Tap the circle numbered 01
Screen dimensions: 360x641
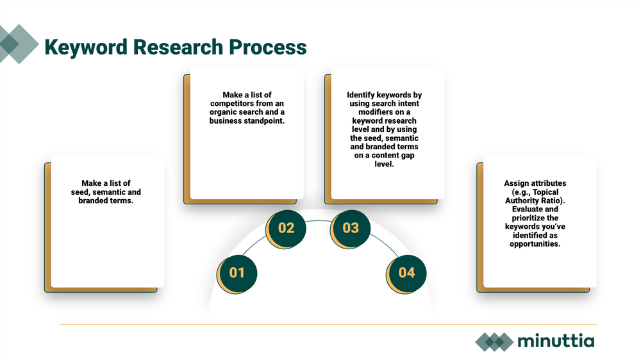tap(237, 272)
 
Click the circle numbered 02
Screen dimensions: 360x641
tap(287, 227)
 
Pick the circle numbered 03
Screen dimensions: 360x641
tap(351, 227)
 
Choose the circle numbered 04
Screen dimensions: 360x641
tap(407, 272)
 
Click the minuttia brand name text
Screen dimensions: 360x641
tap(556, 341)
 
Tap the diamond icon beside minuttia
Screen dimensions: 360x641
tap(494, 341)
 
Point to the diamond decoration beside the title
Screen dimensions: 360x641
tap(19, 44)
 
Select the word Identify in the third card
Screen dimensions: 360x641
tap(361, 95)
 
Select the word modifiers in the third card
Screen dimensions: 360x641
tap(368, 112)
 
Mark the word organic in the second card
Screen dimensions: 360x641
tap(224, 112)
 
